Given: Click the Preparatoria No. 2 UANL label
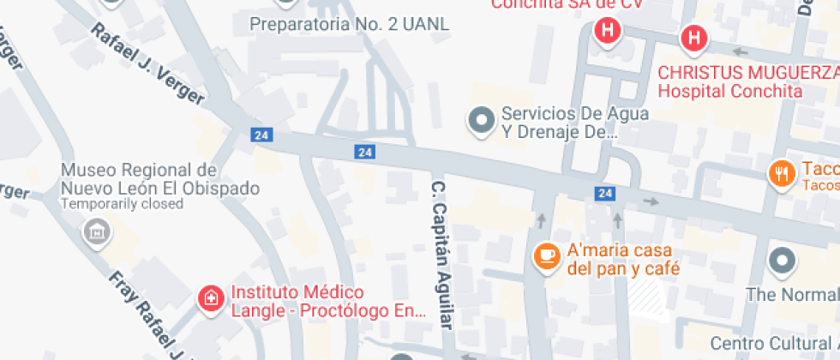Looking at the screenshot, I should pyautogui.click(x=349, y=24).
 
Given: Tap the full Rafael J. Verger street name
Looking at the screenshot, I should pyautogui.click(x=147, y=64).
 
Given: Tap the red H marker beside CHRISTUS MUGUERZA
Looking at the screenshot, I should pyautogui.click(x=693, y=38).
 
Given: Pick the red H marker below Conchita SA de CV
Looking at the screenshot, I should pyautogui.click(x=608, y=33).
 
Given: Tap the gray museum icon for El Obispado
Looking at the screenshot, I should pyautogui.click(x=96, y=231).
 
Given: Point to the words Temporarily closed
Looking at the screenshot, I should pyautogui.click(x=122, y=204).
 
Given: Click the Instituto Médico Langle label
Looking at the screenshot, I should pyautogui.click(x=328, y=302).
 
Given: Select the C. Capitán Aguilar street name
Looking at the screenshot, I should pyautogui.click(x=441, y=255).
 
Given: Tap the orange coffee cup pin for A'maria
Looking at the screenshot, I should pyautogui.click(x=544, y=255).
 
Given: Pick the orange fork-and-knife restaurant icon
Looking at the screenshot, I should pyautogui.click(x=780, y=173).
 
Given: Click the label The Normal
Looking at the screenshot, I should pyautogui.click(x=792, y=295).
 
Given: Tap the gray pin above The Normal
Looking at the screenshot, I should pyautogui.click(x=783, y=261).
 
